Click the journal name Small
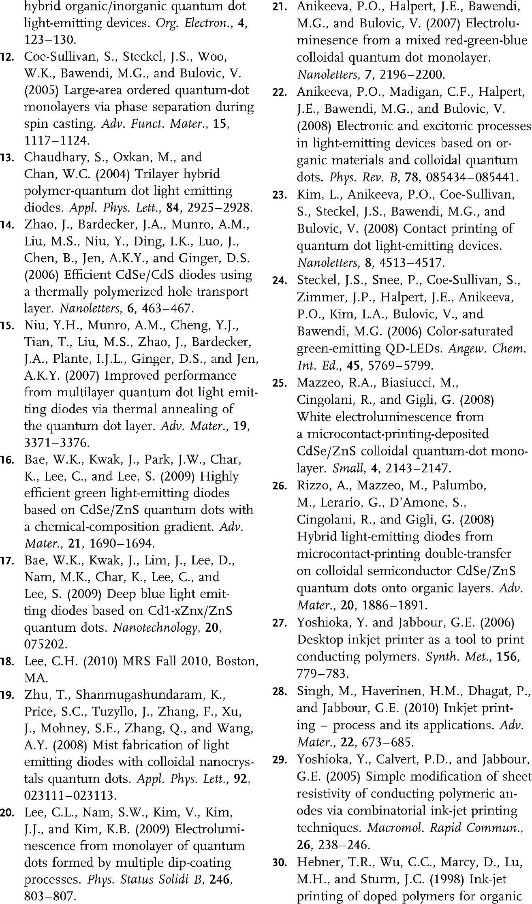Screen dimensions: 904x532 pyautogui.click(x=347, y=468)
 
